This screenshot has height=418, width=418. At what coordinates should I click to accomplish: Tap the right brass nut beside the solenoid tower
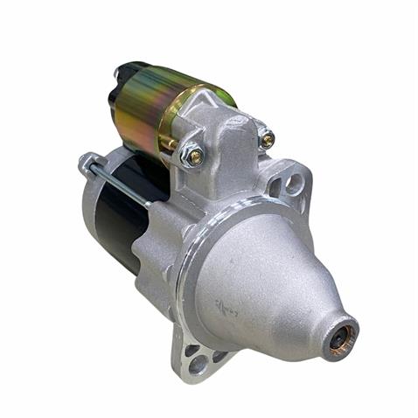point(267,138)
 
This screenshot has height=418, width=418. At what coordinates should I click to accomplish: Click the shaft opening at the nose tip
point(342,335)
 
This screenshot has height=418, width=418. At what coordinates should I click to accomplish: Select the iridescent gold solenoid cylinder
point(149,109)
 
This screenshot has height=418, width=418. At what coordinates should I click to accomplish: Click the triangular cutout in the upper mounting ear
point(277,186)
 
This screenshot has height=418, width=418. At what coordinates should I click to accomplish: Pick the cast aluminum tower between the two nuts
point(232,140)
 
